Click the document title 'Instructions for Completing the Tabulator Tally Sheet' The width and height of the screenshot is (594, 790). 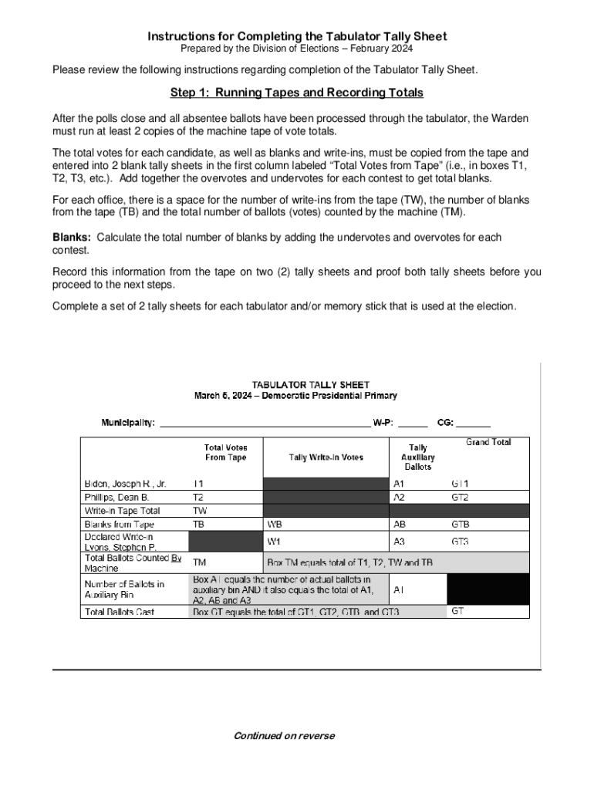(x=297, y=36)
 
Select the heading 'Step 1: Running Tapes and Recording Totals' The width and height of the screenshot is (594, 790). (x=296, y=93)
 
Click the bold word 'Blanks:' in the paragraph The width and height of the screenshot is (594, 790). (x=72, y=238)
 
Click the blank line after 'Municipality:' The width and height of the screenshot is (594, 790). (x=264, y=423)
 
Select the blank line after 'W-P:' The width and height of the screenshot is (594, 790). (x=413, y=423)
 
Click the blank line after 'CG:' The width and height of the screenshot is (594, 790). (x=474, y=423)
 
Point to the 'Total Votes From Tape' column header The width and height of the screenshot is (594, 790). (x=226, y=452)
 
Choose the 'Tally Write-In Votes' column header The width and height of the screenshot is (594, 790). (x=326, y=457)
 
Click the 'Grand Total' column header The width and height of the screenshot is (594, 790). (x=488, y=443)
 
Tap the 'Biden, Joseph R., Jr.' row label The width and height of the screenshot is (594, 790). (x=125, y=484)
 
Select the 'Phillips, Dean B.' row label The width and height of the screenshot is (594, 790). (x=116, y=498)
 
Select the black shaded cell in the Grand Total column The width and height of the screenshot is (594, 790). (x=488, y=589)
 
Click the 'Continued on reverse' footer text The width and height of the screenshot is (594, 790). (x=285, y=736)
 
